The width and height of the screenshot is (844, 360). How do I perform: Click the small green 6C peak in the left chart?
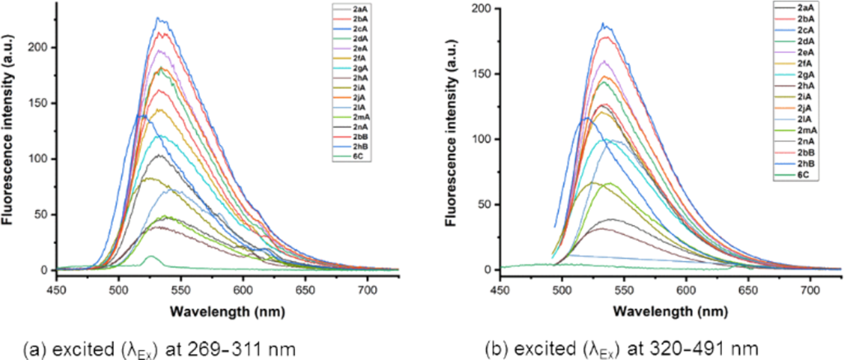click(x=150, y=257)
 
